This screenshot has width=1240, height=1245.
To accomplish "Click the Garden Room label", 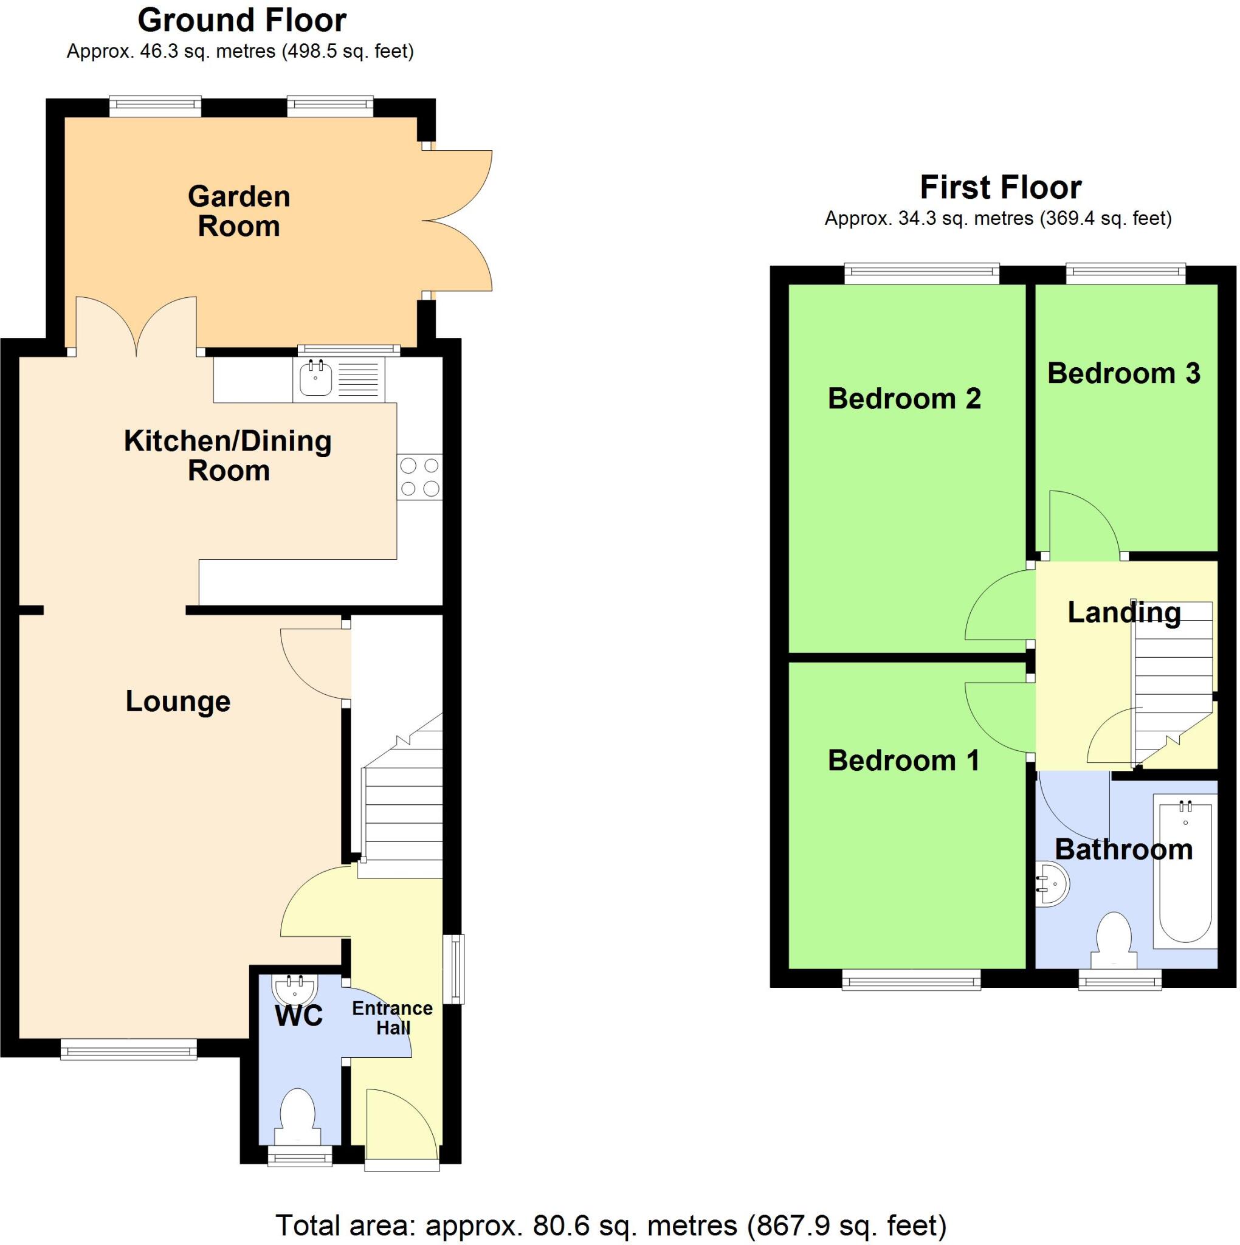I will point(238,212).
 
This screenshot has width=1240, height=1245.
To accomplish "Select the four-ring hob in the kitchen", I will point(419,477).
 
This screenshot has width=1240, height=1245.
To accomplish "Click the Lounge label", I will point(178,701).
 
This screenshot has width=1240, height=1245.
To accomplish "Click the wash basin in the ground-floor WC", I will point(295,987).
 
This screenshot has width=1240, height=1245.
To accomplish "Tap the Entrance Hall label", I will point(392,1018).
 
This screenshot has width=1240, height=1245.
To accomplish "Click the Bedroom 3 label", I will point(1123,373).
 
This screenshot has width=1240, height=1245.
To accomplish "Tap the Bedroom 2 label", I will point(904,398).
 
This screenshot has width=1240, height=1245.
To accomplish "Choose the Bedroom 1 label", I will point(903,760).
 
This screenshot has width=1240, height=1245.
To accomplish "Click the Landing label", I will point(1124,612).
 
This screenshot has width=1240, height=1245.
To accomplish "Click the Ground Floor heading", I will point(242,20).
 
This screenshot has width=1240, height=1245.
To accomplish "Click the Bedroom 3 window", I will point(1125,273).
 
